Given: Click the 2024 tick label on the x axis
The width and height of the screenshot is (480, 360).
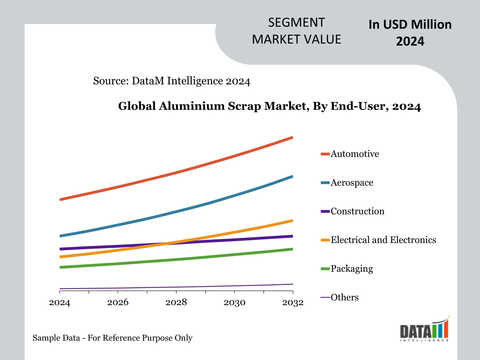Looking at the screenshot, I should tap(60, 303).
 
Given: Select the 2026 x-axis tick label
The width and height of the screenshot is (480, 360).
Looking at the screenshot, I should tap(118, 303).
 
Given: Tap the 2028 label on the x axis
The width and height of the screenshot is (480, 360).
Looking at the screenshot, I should tap(176, 303).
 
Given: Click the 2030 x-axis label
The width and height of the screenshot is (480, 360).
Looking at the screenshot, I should tap(235, 303).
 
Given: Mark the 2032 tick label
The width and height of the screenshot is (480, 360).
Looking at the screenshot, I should tap(293, 303).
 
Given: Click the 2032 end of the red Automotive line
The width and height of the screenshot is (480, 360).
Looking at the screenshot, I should tap(292, 138).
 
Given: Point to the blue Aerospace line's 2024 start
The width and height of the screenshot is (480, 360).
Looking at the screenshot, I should tap(60, 236).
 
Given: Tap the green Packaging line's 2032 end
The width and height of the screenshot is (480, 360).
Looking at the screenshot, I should tap(292, 249).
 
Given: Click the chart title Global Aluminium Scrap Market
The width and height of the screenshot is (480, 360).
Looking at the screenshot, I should tap(269, 106).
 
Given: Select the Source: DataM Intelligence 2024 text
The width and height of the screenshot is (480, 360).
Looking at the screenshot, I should tap(172, 81).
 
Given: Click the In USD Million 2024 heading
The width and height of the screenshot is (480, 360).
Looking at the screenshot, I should tap(410, 33).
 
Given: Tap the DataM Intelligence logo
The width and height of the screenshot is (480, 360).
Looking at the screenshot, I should tap(425, 330).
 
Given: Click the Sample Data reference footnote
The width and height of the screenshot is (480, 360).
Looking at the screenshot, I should tap(112, 338).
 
